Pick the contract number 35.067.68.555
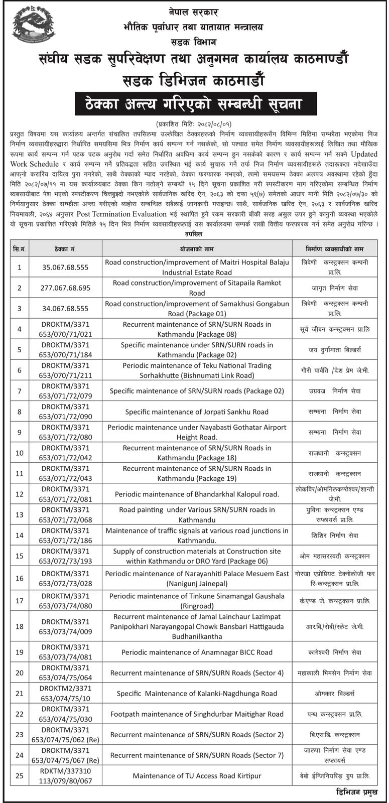point(66,267)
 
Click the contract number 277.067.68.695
point(66,288)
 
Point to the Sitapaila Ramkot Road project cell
point(197,288)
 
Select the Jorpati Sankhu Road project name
point(197,412)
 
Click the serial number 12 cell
point(20,494)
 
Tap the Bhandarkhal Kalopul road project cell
point(197,494)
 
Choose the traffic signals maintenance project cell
point(197,536)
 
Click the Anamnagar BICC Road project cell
point(197,652)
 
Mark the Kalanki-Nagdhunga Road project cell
point(197,693)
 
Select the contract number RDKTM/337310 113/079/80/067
point(66,775)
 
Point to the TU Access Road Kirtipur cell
point(197,775)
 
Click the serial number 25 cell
point(20,775)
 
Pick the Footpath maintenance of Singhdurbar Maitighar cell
point(197,714)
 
